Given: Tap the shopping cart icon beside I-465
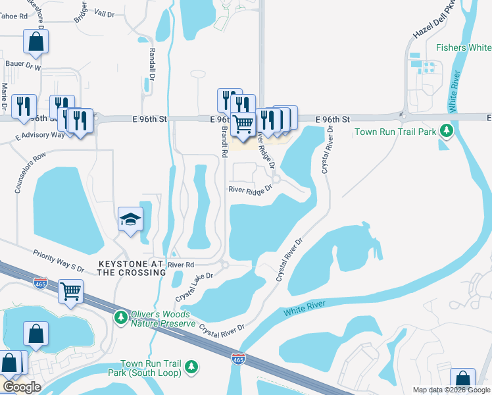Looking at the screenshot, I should click(70, 290).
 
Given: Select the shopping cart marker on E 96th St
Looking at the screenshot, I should click(243, 124).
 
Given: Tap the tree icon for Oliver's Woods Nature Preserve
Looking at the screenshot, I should click(120, 317).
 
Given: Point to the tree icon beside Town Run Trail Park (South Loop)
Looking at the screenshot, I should click(191, 365).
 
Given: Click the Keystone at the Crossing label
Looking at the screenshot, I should click(130, 267).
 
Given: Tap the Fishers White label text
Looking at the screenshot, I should click(463, 47).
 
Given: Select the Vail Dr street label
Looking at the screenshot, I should click(104, 13).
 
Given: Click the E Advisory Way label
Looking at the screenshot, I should click(40, 134).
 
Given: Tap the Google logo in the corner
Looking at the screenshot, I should click(22, 386).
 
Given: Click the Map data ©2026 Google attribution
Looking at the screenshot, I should click(451, 390).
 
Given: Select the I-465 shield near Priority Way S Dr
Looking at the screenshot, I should click(40, 282).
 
